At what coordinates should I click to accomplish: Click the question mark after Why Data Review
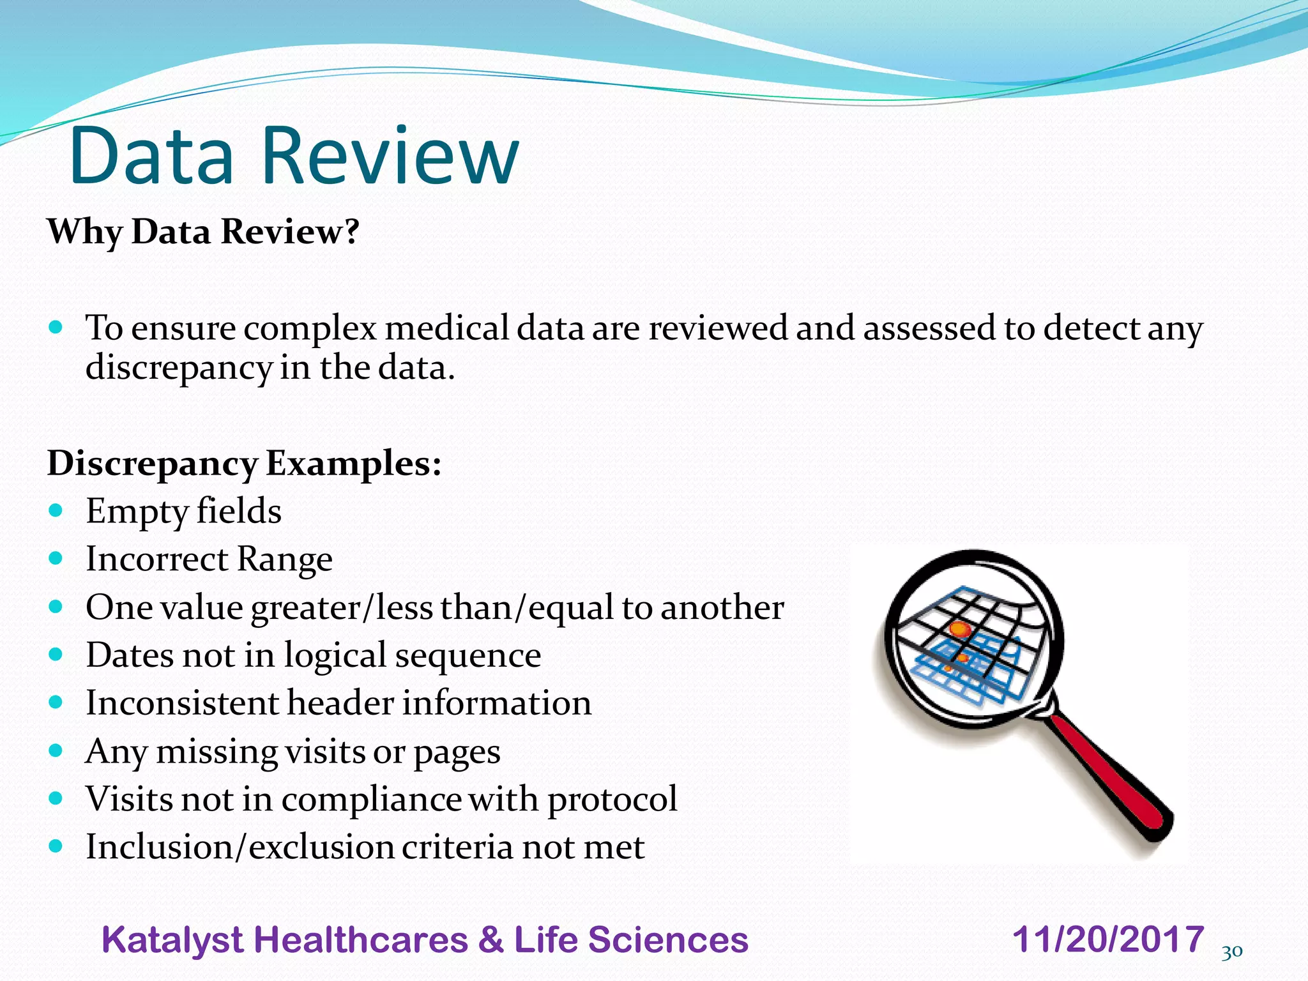(352, 231)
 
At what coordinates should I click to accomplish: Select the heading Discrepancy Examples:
(244, 463)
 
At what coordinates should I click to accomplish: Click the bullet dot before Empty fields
(56, 510)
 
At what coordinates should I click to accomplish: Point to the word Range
(284, 559)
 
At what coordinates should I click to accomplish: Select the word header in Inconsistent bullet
(340, 703)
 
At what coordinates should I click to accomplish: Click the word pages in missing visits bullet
(457, 752)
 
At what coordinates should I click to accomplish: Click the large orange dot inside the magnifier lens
(959, 630)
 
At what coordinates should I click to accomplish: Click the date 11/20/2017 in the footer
(1108, 939)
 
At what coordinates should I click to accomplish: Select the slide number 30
(1232, 952)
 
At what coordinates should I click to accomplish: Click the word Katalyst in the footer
(172, 940)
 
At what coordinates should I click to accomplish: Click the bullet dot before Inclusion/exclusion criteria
(56, 846)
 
